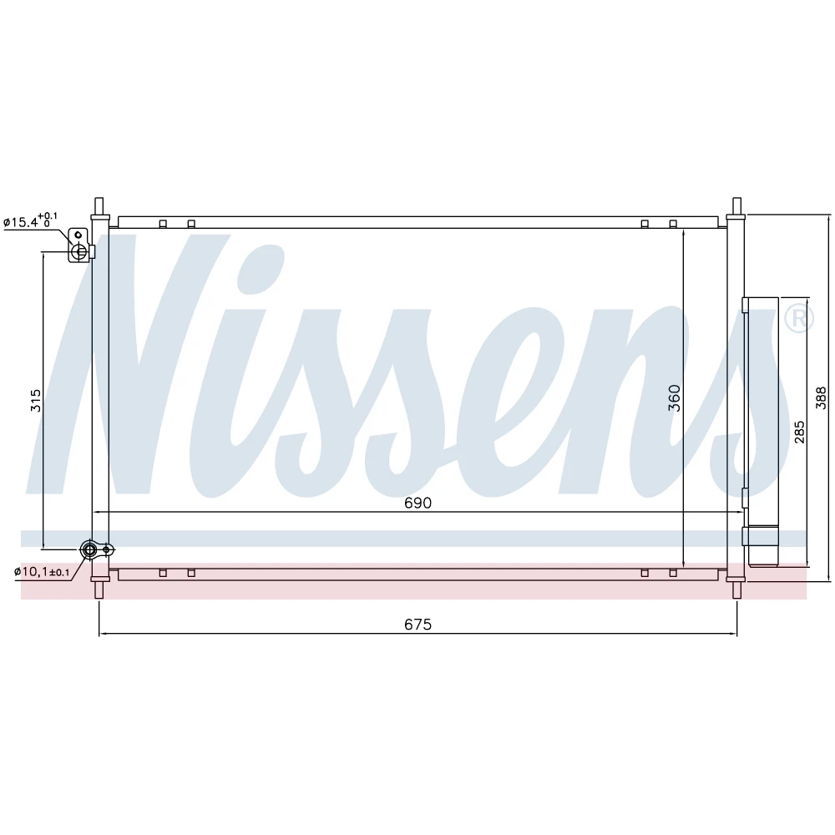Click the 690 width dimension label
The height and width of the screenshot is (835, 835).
418,504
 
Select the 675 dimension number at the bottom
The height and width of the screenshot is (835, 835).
418,625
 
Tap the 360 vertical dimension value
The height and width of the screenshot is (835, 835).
675,397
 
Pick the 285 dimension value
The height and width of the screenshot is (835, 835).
800,431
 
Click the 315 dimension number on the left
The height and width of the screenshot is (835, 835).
36,400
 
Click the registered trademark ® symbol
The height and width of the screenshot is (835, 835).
797,317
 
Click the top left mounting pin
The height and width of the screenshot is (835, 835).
99,206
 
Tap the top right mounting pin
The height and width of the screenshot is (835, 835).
736,206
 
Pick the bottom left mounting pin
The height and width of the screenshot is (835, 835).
99,590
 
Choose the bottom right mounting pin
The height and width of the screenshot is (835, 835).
736,590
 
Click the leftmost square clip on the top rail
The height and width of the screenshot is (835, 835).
163,224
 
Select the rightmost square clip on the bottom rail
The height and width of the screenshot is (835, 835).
673,573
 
